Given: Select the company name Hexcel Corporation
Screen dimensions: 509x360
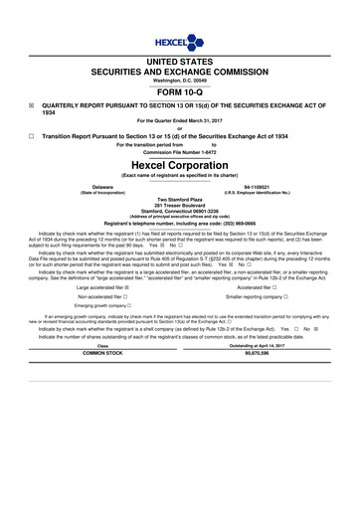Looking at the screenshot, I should coord(179,164).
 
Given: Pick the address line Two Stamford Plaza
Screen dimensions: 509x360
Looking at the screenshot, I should coord(179,199).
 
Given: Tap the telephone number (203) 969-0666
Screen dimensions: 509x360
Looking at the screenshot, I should coord(226,223).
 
